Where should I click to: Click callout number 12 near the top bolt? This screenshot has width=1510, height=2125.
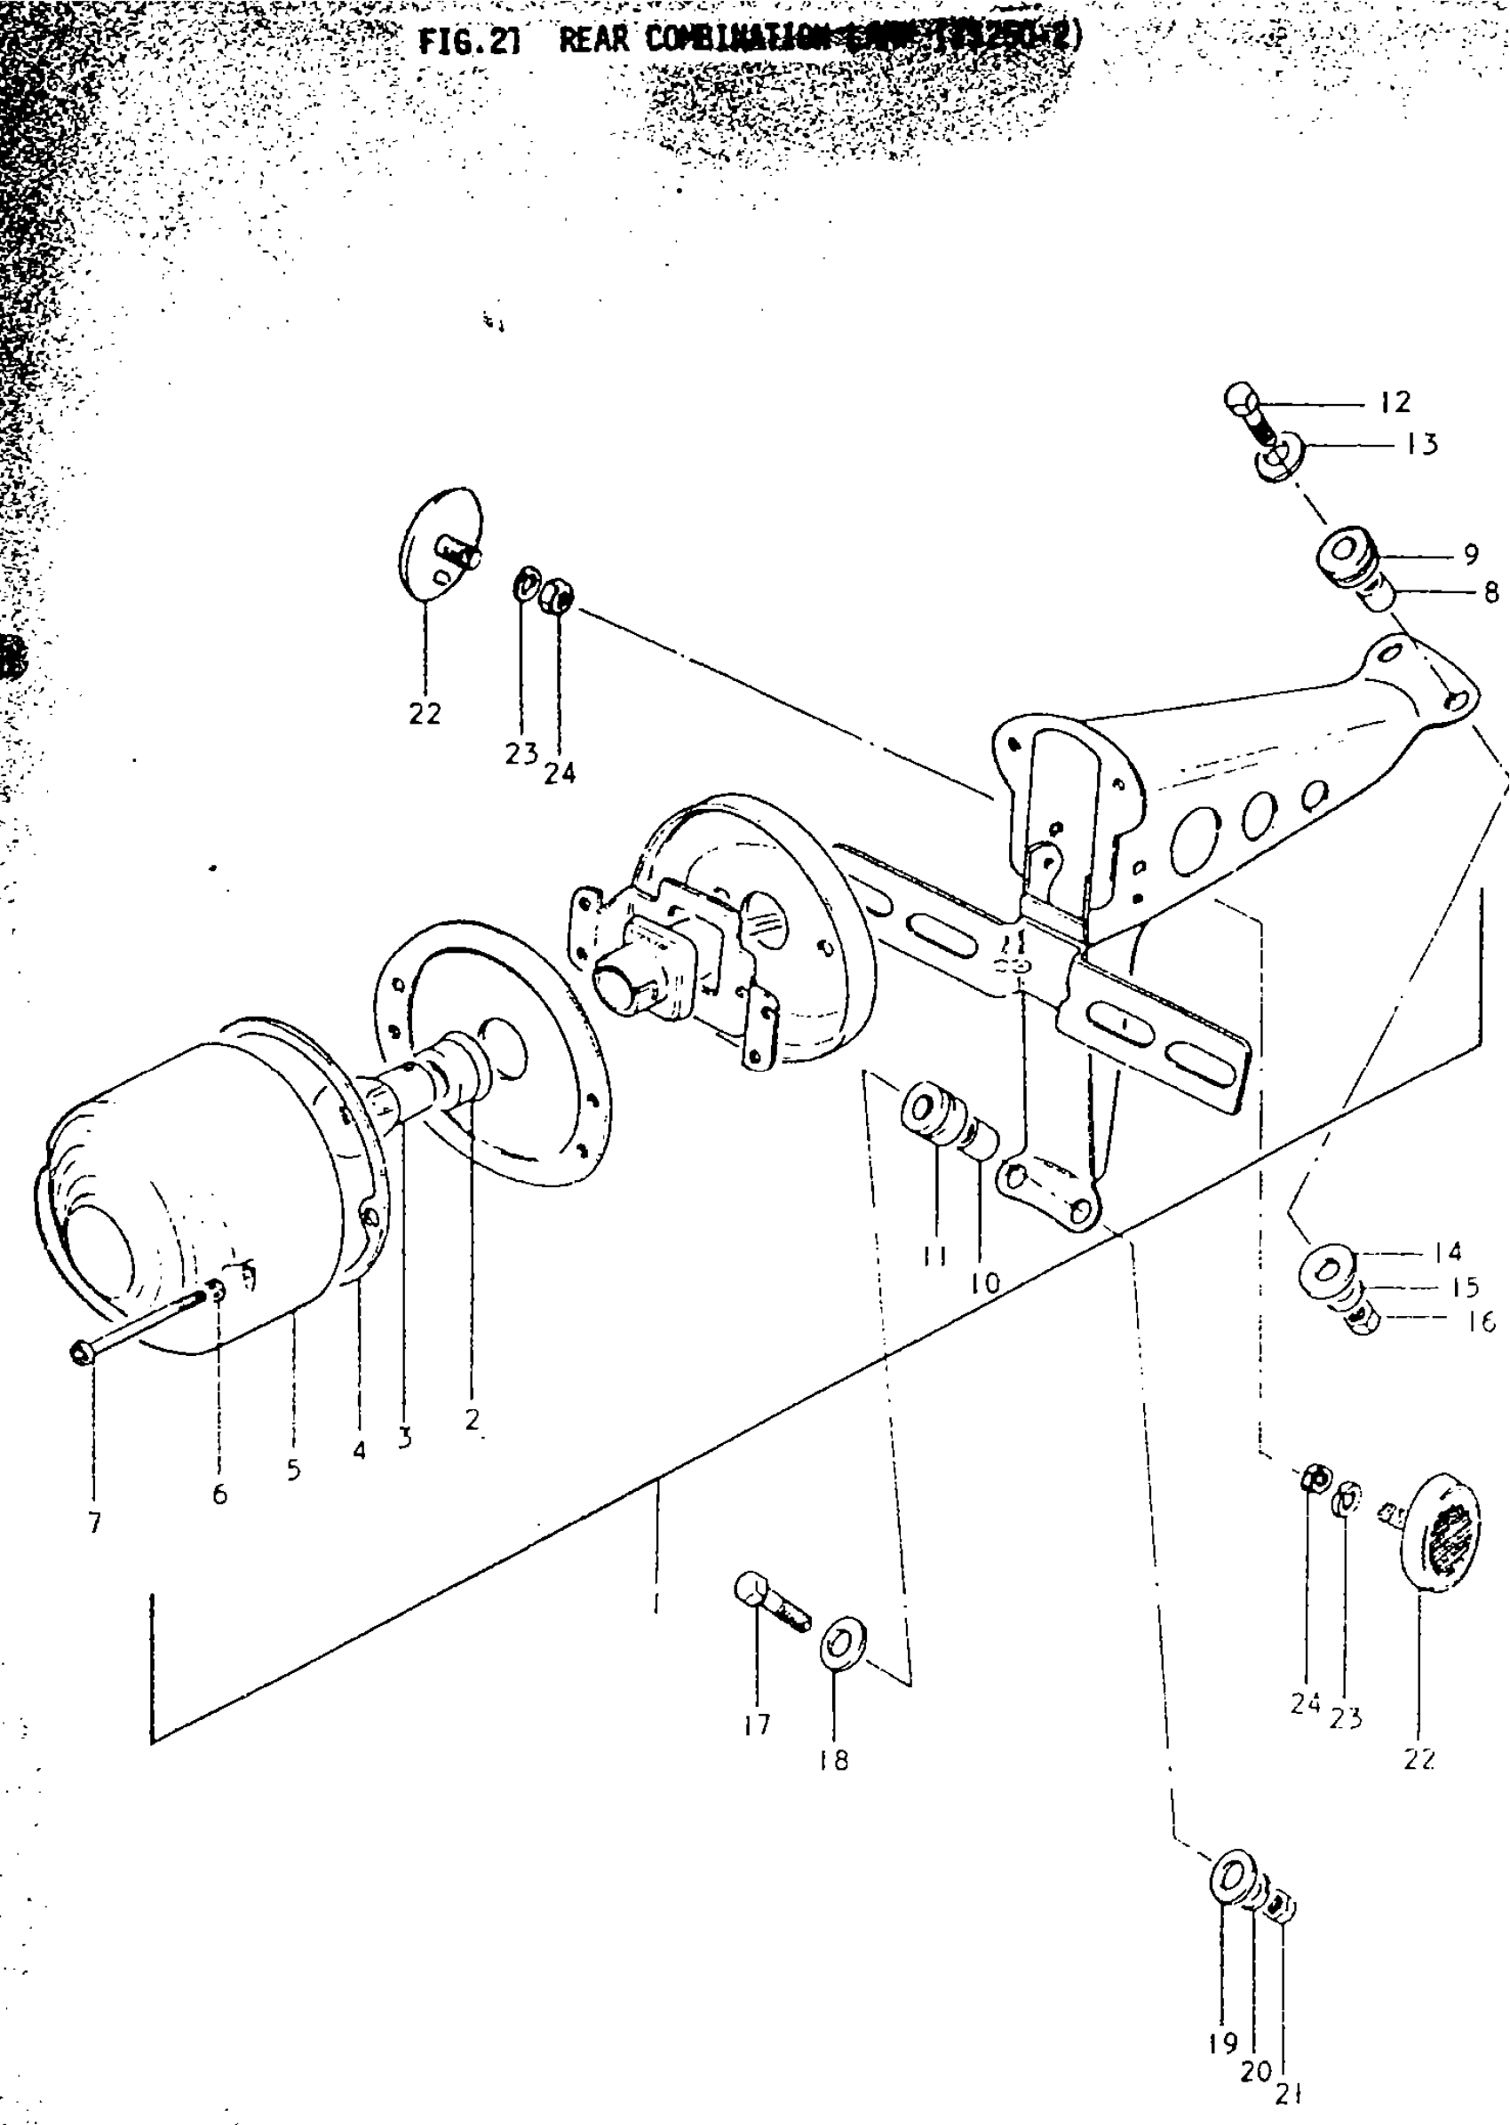(1395, 401)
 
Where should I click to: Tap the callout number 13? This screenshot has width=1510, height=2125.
(1422, 444)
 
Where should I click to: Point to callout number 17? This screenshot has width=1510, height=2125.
(757, 1725)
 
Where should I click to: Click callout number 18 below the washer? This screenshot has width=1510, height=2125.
(834, 1760)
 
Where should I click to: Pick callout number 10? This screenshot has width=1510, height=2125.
(985, 1284)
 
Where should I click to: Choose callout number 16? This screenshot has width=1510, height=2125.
(1481, 1321)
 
